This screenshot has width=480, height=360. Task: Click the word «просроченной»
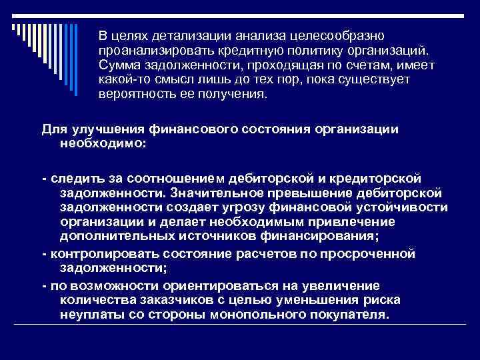click(370, 254)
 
